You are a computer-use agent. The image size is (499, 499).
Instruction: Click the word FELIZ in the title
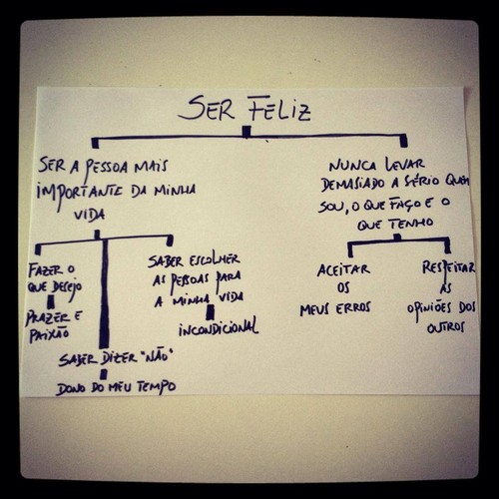tap(279, 109)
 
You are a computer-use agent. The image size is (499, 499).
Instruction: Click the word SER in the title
tap(207, 108)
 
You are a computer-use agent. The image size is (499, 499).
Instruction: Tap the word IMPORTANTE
tap(79, 194)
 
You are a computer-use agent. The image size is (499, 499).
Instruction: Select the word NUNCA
tap(352, 166)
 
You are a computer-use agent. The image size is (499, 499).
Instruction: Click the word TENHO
tap(411, 224)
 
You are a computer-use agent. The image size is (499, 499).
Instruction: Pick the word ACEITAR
tap(343, 269)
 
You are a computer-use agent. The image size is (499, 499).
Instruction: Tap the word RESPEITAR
tap(449, 268)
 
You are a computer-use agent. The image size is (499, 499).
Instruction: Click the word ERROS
tap(353, 308)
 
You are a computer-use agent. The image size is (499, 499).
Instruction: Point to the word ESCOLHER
tap(215, 259)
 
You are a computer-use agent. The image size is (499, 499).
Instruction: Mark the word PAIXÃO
tap(49, 334)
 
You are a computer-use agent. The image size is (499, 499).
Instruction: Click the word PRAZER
tap(48, 317)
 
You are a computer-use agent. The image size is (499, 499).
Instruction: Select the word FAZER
tap(45, 270)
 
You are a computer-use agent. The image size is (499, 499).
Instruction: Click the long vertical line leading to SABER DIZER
tap(104, 292)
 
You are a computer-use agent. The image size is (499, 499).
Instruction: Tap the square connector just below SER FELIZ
tap(247, 132)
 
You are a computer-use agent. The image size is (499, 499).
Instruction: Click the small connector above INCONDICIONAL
tap(211, 312)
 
